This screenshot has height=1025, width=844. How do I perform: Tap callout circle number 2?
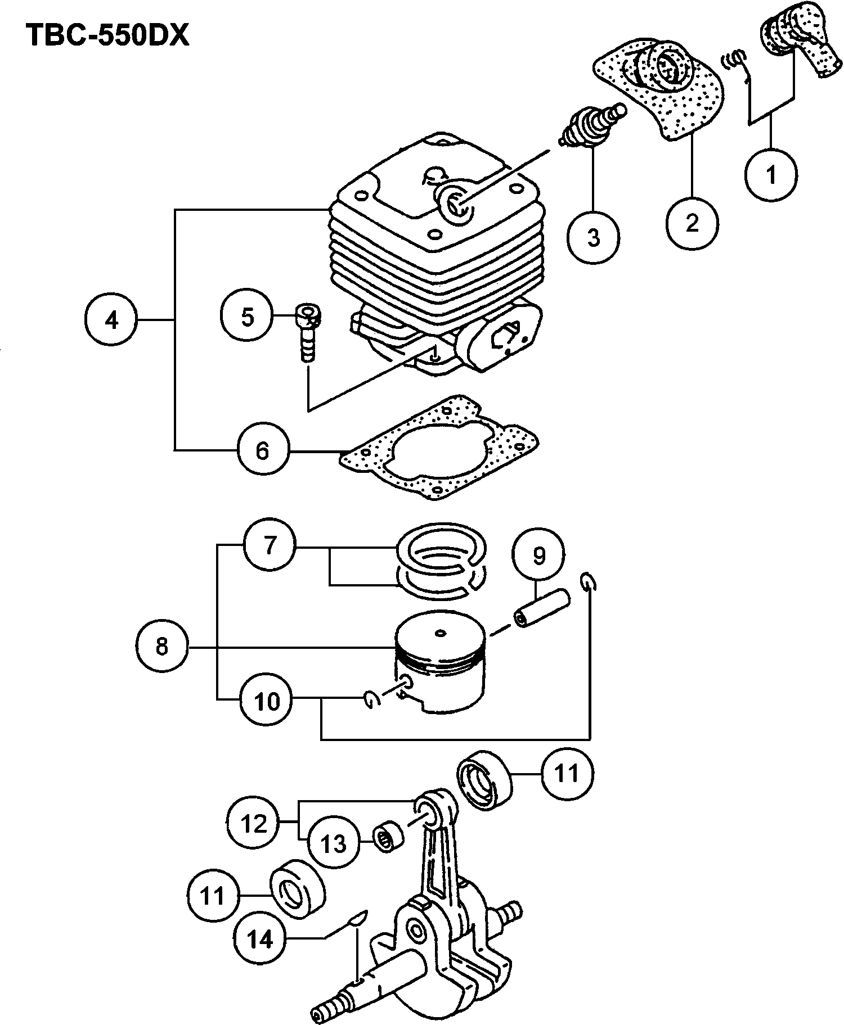pyautogui.click(x=692, y=222)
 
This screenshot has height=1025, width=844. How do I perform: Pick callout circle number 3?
pyautogui.click(x=593, y=237)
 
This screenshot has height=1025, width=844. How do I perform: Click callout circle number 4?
pyautogui.click(x=111, y=320)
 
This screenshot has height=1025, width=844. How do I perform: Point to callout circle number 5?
pyautogui.click(x=247, y=317)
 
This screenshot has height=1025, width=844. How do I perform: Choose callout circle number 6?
pyautogui.click(x=262, y=450)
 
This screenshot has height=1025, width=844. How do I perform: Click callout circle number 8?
pyautogui.click(x=162, y=646)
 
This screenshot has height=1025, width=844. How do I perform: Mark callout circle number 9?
pyautogui.click(x=538, y=556)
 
